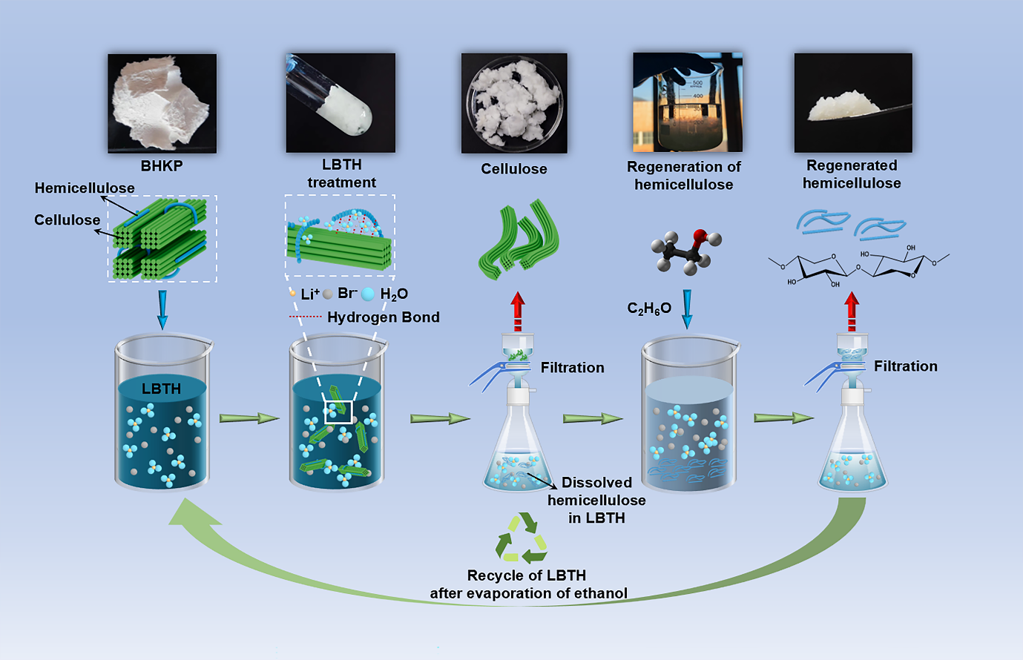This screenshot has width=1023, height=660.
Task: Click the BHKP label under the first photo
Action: point(162,166)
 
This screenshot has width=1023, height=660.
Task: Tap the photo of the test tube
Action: point(341,102)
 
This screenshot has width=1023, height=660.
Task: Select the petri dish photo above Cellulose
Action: point(514,103)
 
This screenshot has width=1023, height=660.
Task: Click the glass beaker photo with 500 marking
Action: point(687,102)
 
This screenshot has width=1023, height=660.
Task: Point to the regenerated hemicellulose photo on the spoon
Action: point(853,103)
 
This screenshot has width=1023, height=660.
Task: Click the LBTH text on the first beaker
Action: point(161,389)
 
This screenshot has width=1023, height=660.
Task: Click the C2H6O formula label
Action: point(649,308)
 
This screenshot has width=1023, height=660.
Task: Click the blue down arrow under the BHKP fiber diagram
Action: point(162,310)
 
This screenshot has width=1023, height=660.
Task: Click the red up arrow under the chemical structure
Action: point(852,311)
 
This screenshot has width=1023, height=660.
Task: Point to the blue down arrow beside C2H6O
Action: point(687,308)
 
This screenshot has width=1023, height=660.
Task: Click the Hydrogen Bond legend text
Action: point(383,317)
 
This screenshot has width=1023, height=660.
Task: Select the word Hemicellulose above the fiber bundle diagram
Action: point(85,188)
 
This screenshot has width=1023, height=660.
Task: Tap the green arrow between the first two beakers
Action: point(249,418)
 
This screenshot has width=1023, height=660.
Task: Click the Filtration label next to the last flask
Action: point(905,366)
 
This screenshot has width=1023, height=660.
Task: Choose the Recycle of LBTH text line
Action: point(527,575)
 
